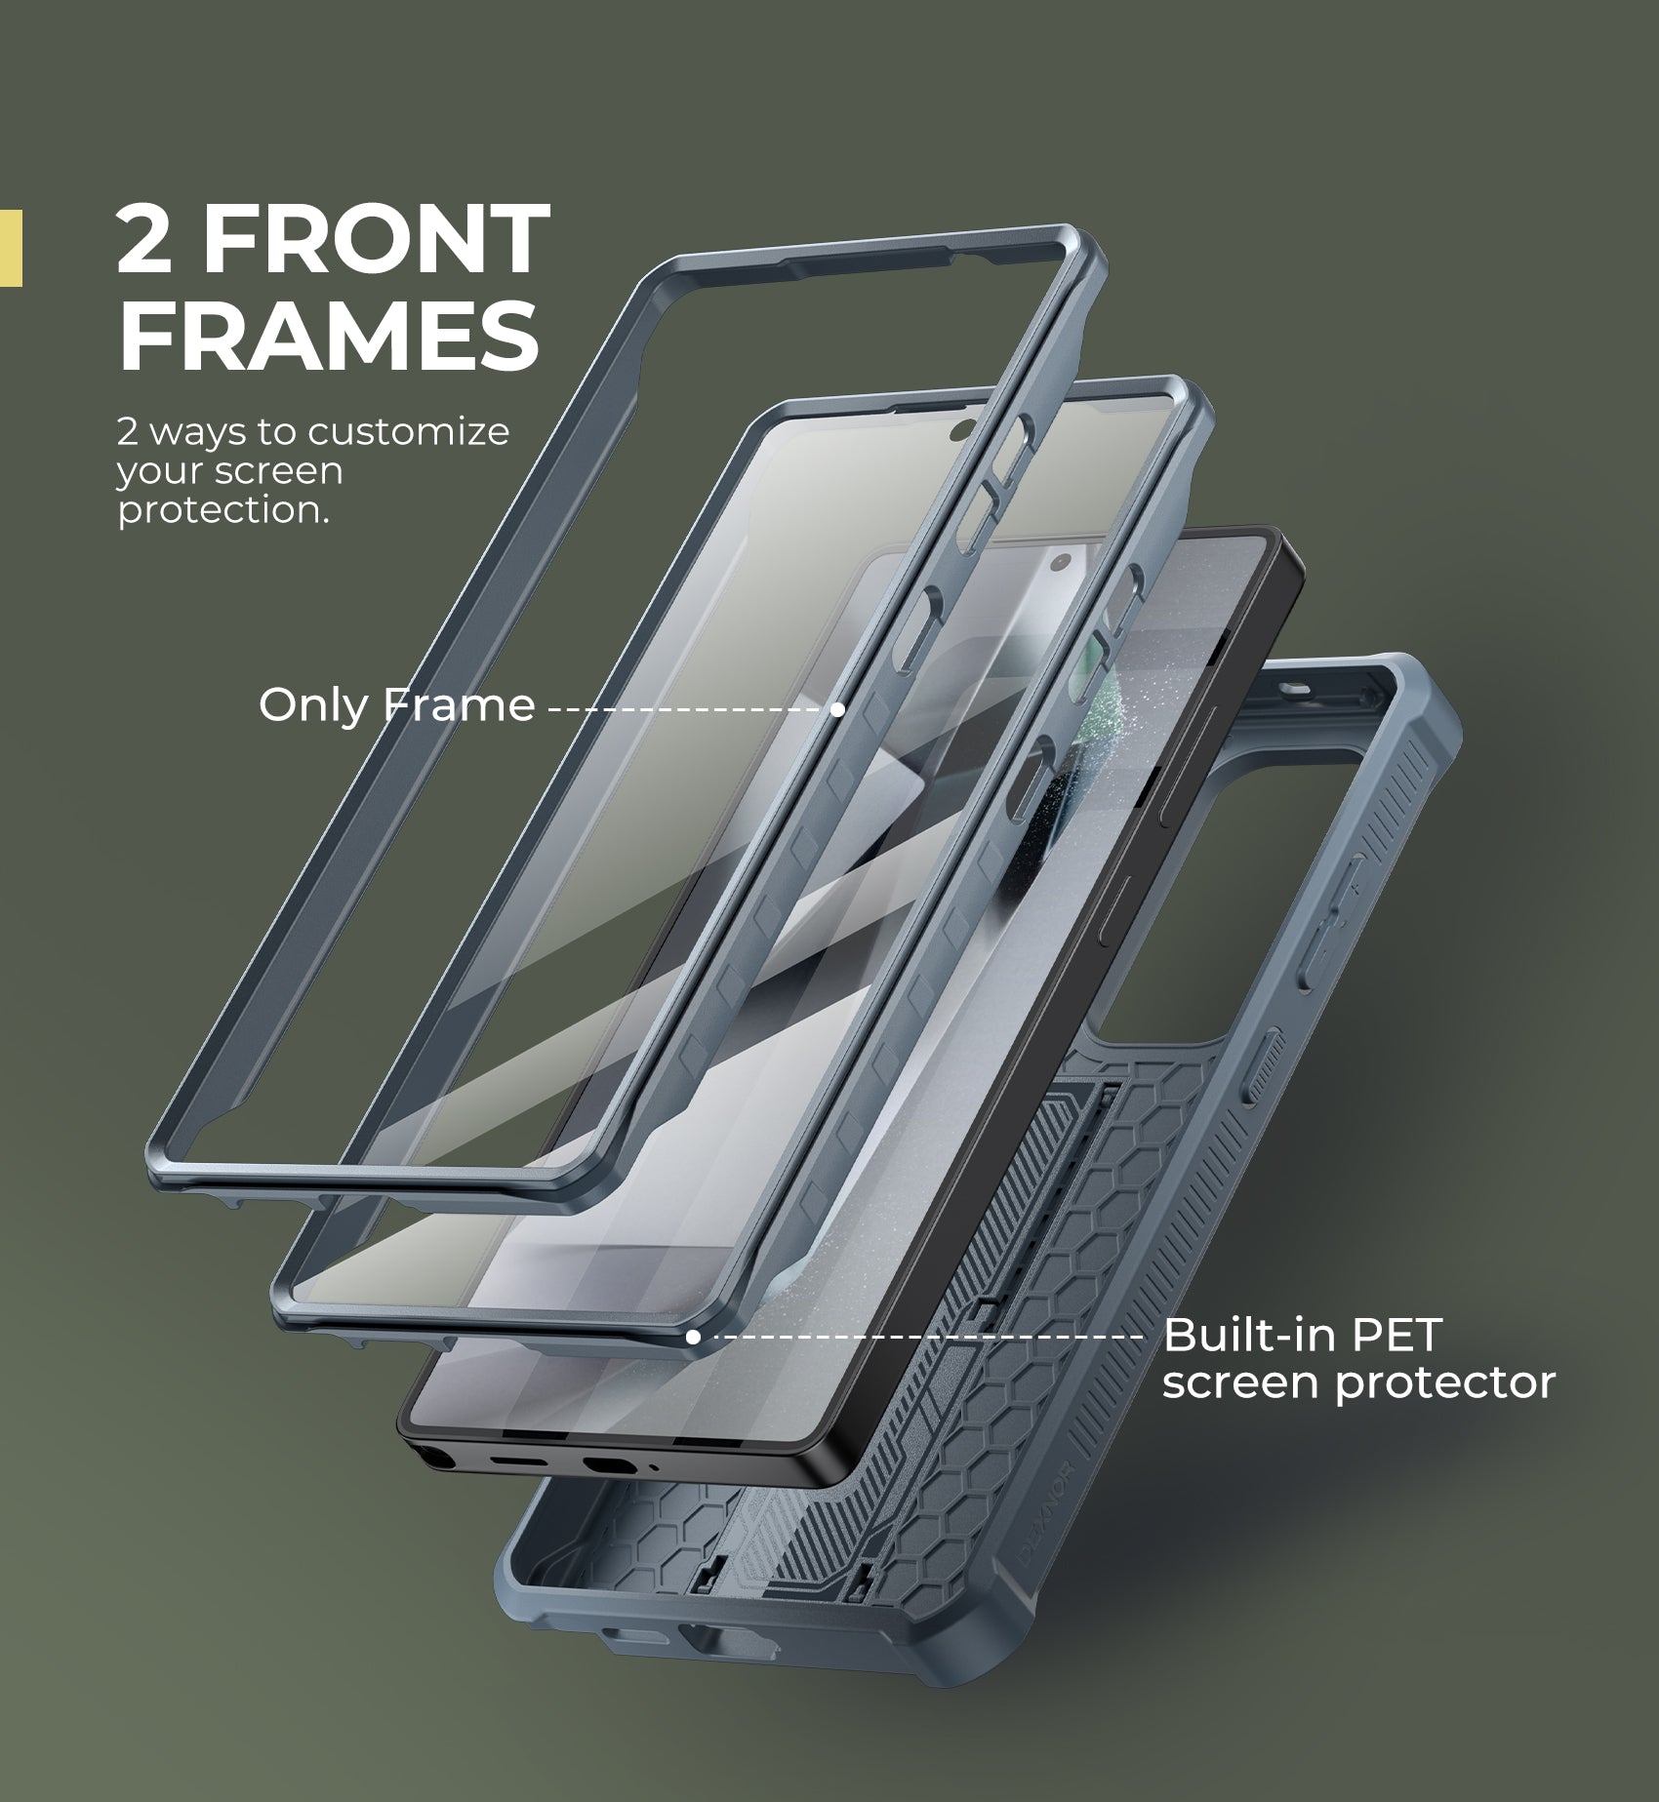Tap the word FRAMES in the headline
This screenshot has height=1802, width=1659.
click(x=329, y=335)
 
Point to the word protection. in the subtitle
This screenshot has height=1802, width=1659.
click(x=223, y=510)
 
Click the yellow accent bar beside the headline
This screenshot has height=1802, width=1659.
click(x=11, y=248)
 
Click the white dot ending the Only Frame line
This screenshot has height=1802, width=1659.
click(x=837, y=709)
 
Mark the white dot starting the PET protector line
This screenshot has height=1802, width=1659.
click(x=693, y=1337)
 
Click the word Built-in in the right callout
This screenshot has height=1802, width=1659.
click(x=1252, y=1335)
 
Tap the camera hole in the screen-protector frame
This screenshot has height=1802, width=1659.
click(x=959, y=427)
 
